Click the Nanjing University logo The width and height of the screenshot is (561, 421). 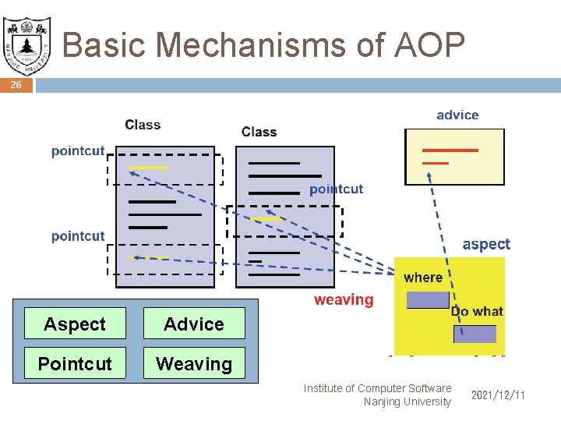tap(26, 41)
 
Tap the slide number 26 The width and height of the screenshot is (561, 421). tap(16, 85)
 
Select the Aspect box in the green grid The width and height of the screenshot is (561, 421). tap(75, 324)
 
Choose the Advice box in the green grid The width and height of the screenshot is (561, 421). tap(194, 324)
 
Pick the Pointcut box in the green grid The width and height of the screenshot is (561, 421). tap(75, 363)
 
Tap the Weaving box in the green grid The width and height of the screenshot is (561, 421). tap(194, 363)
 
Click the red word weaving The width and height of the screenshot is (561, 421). tap(344, 299)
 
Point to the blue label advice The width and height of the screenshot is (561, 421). tap(457, 115)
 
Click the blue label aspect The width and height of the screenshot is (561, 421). tap(486, 244)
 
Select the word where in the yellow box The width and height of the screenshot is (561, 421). tap(423, 278)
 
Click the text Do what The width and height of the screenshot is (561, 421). tap(477, 311)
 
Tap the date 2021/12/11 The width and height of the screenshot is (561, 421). tap(498, 395)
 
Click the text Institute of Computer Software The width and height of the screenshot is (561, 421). tap(377, 388)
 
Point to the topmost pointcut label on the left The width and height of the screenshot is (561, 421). tap(78, 150)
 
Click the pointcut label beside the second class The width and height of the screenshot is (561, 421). tap(336, 189)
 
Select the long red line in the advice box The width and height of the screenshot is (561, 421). tap(450, 150)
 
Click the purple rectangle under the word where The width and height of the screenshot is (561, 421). tap(428, 299)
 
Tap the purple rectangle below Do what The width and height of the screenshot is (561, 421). tap(475, 334)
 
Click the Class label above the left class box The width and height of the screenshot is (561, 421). tap(143, 125)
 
